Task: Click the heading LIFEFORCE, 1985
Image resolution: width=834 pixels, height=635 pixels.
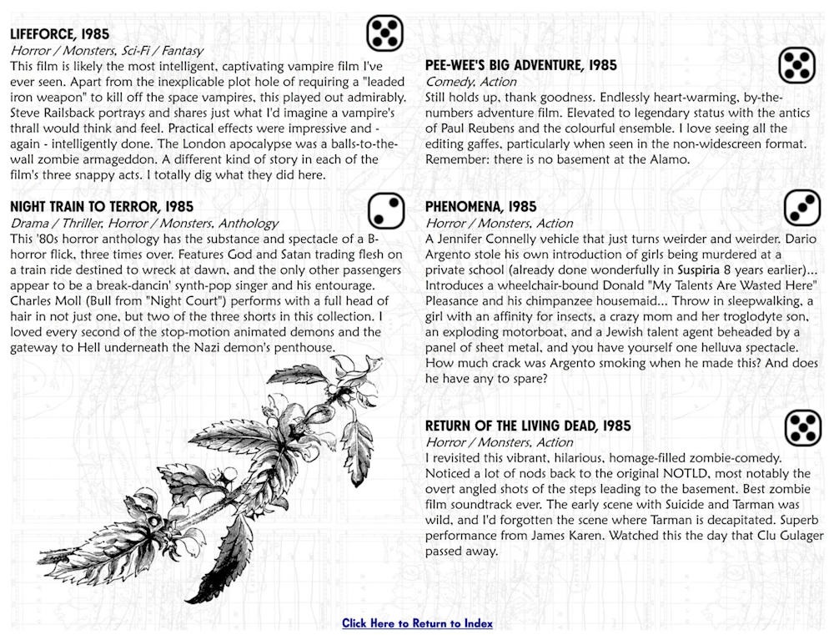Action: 59,34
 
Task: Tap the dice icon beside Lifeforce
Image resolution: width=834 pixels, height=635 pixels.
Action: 384,33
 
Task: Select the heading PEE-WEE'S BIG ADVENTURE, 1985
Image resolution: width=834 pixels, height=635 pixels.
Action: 520,65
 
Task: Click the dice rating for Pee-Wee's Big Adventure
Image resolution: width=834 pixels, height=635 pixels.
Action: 796,65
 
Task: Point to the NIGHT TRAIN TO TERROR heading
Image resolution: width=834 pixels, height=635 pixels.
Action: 101,206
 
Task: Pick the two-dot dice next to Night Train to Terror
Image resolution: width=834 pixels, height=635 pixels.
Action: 384,210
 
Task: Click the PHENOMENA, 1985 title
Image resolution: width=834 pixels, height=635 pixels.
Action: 480,206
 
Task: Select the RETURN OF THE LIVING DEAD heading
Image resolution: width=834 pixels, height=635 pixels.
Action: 527,426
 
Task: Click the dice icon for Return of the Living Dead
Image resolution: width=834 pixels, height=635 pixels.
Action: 802,427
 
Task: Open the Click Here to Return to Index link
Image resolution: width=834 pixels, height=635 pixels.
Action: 417,623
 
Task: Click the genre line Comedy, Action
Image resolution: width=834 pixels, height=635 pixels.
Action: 470,82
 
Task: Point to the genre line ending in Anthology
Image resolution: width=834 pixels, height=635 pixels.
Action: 144,223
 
